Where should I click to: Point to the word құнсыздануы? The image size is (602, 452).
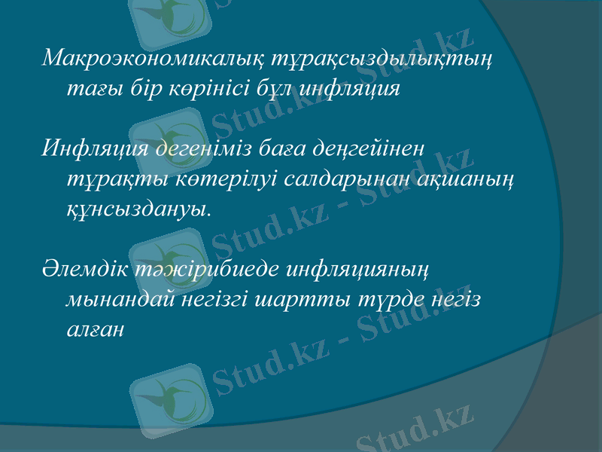click(x=138, y=206)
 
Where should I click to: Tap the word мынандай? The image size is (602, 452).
click(x=120, y=300)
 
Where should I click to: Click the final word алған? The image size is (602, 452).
click(x=93, y=330)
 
